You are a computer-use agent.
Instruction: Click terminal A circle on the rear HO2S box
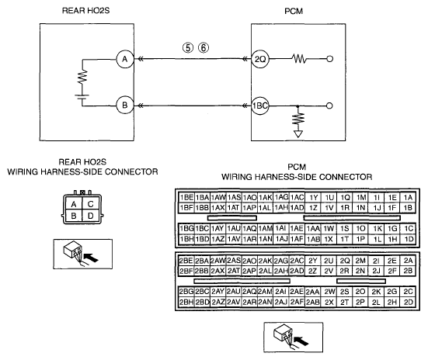click(125, 59)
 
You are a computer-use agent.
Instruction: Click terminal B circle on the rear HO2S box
click(125, 106)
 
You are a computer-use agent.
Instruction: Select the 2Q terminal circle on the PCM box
click(260, 59)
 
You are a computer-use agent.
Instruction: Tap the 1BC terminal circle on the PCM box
click(260, 106)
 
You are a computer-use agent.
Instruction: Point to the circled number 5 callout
click(188, 48)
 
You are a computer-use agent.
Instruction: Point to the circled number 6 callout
click(204, 48)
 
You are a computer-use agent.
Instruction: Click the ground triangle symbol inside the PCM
click(298, 134)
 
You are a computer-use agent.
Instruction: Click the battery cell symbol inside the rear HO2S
click(82, 97)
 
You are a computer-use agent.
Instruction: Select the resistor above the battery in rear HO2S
click(82, 77)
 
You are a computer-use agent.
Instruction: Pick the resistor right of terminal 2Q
click(299, 59)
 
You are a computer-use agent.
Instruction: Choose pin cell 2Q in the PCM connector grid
click(345, 261)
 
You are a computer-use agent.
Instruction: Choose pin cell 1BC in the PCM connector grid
click(202, 229)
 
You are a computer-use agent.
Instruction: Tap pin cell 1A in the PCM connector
click(408, 198)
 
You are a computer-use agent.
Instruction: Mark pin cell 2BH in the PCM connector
click(186, 302)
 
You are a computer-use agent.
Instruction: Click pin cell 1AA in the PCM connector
click(313, 229)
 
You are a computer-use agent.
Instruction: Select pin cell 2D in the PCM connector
click(408, 302)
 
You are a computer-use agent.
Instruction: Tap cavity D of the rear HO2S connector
click(91, 216)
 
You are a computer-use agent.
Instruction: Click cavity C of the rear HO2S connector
click(91, 204)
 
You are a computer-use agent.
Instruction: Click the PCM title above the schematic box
click(294, 11)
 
